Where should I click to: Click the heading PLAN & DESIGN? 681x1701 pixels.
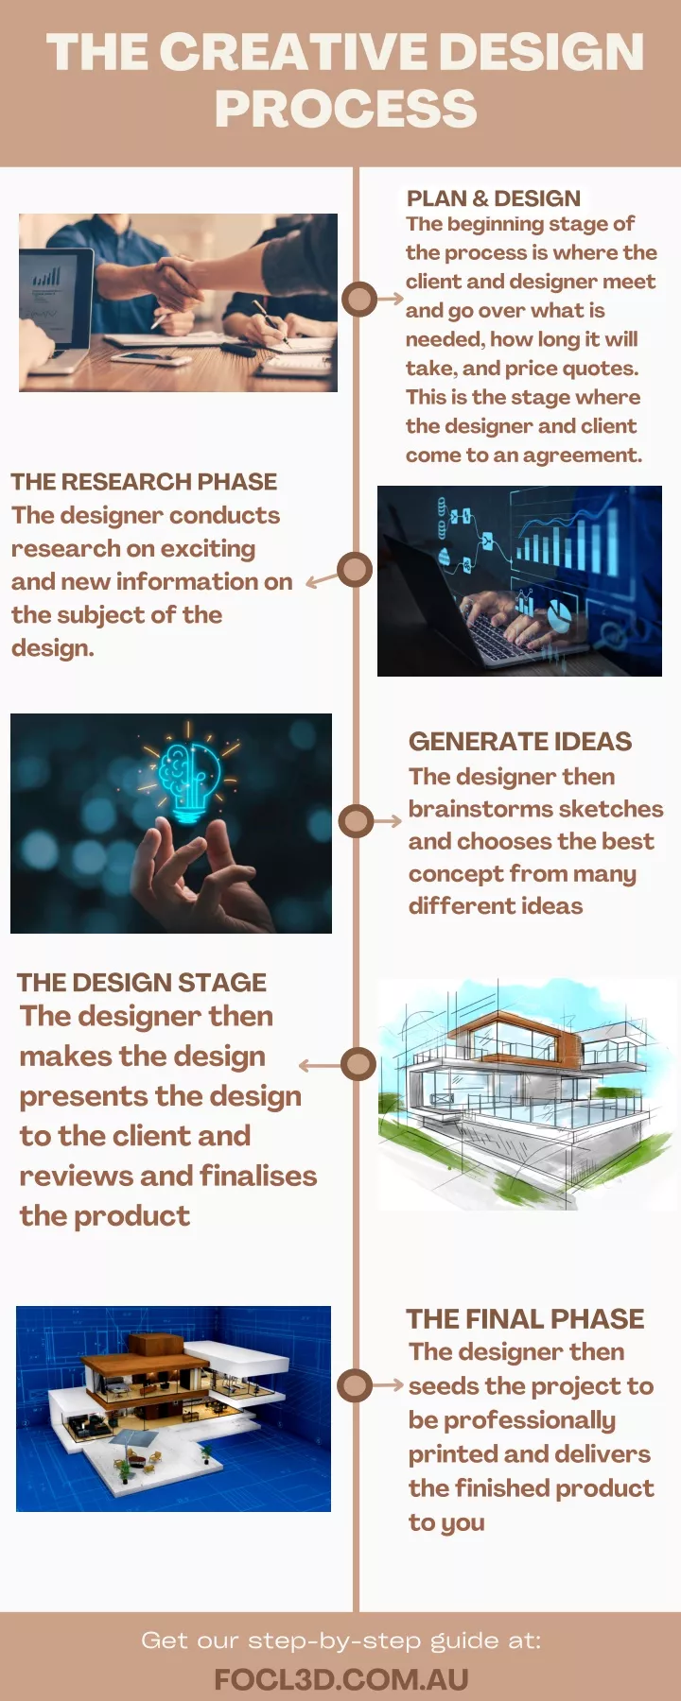(493, 198)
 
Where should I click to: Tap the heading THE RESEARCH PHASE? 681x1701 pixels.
(144, 482)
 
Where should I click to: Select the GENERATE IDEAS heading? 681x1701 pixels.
(520, 742)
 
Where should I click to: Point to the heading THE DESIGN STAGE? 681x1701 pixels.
(142, 983)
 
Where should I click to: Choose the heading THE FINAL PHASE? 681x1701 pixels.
(525, 1319)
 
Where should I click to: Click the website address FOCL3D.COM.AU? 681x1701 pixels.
(341, 1679)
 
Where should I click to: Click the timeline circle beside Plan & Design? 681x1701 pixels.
(358, 299)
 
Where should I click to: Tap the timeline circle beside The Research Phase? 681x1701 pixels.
(354, 570)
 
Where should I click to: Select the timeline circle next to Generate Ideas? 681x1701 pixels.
(356, 820)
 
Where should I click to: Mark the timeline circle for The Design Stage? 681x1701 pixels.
(358, 1064)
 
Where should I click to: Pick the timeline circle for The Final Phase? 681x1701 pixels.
(355, 1385)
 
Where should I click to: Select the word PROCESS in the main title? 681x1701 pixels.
(345, 109)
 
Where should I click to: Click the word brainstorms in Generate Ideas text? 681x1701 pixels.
(469, 810)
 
